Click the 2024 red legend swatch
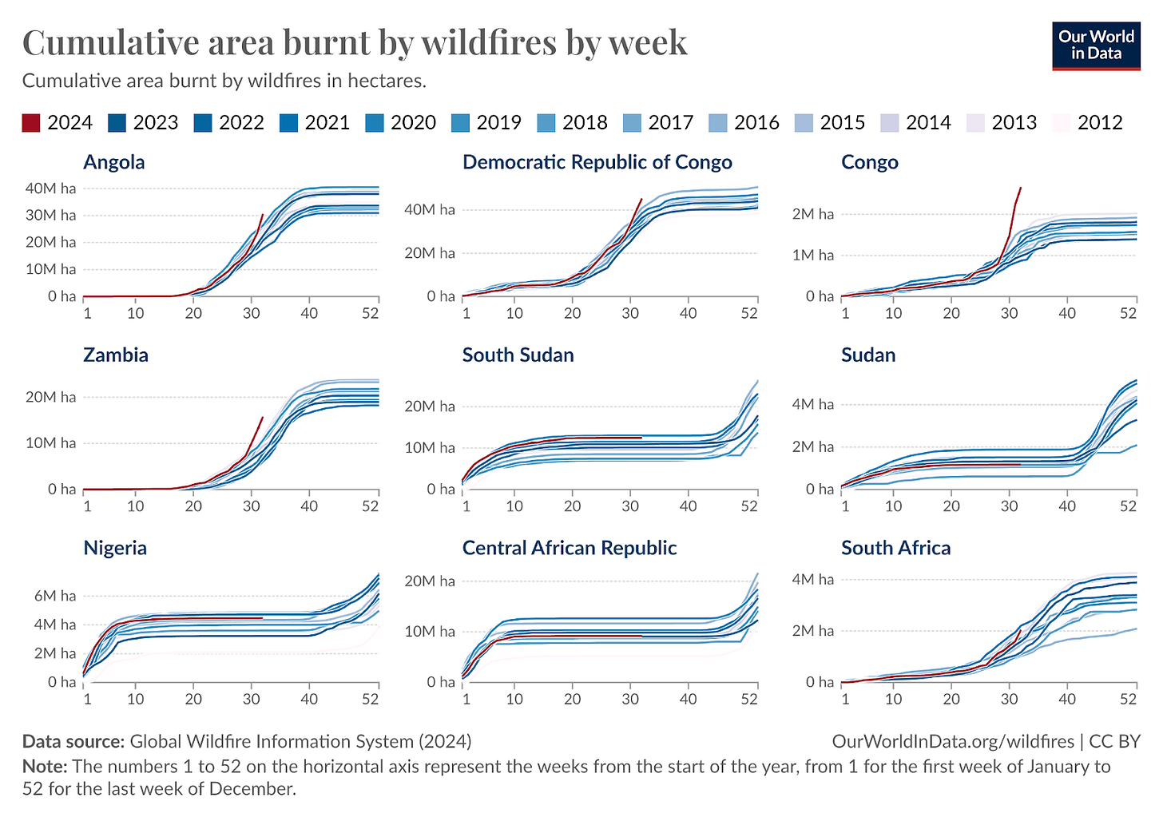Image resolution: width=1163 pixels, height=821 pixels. pos(30,122)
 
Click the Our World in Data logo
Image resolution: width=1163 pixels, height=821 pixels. pos(1096,46)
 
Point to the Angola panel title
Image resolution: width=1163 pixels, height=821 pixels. pos(114,162)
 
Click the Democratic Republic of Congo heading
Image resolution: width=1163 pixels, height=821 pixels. pos(597,162)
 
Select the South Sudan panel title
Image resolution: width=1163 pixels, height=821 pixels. pos(518,355)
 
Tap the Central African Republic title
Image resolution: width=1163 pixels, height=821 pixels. pos(569,548)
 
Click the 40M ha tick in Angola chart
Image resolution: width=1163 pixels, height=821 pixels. pos(51,188)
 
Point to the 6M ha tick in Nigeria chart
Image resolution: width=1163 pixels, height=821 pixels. pos(55,596)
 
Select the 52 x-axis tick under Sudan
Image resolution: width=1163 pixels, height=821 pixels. pos(1128,506)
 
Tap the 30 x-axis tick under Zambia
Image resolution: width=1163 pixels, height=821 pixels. pos(251,506)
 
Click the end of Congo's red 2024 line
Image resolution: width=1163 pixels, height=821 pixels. pos(1020,188)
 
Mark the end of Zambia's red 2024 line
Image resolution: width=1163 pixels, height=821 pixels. pos(262,417)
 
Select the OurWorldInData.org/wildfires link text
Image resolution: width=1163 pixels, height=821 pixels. pos(952,741)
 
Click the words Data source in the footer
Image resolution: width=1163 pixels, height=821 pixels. pos(73,741)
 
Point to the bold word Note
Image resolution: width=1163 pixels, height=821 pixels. pos(45,767)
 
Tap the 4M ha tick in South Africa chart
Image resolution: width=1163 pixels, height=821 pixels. pos(813,580)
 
